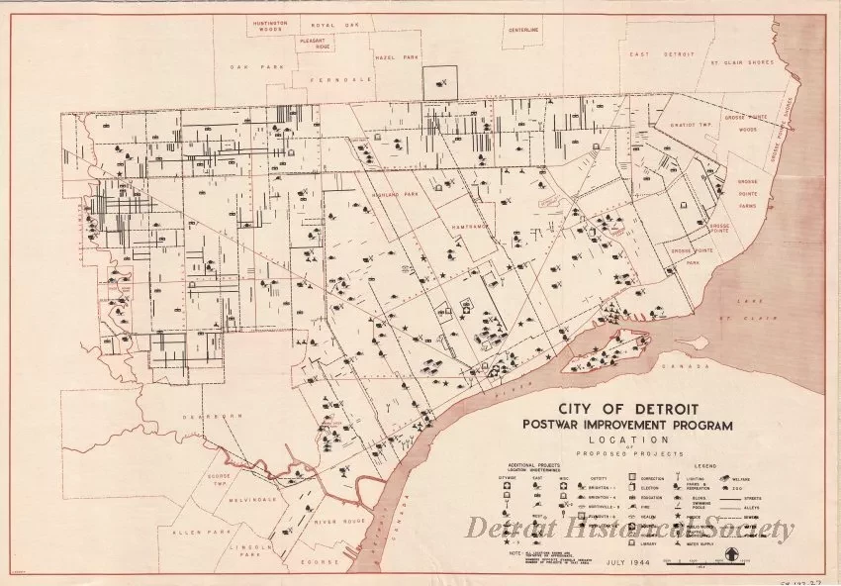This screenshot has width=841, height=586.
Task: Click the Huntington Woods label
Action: [x=250, y=26]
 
